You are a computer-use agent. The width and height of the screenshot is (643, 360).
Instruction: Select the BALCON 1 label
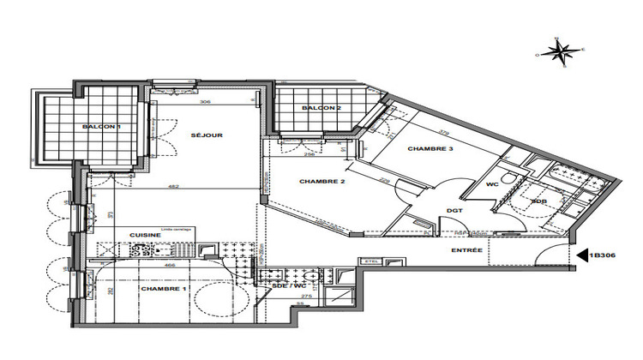click(x=100, y=127)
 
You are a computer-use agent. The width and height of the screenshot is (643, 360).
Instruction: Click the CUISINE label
click(x=143, y=234)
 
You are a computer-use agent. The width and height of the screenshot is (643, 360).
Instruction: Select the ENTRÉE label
click(x=466, y=249)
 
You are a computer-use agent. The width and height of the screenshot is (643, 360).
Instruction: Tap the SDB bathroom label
click(x=538, y=202)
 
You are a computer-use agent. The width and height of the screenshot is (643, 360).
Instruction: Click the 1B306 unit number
click(x=607, y=255)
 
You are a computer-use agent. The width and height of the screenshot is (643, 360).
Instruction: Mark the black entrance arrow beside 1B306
click(x=581, y=255)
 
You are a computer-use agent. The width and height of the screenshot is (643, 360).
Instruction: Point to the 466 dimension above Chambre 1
click(x=171, y=267)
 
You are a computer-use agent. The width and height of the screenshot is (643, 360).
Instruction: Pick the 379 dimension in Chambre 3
click(x=442, y=131)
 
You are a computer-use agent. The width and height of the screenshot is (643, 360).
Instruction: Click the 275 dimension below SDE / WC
click(x=307, y=295)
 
